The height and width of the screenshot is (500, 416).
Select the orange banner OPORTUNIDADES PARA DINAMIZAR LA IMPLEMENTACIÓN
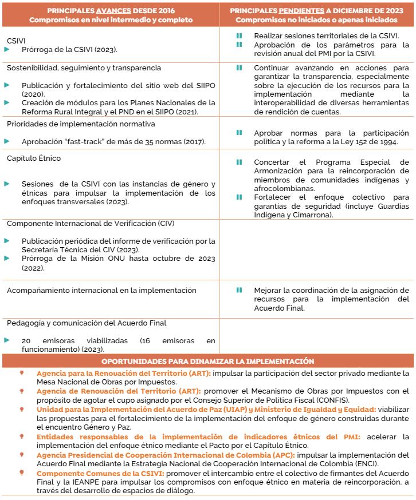(x=207, y=361)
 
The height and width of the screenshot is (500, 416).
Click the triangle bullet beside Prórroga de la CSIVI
(x=7, y=50)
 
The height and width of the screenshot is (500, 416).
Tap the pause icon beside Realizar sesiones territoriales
(x=239, y=35)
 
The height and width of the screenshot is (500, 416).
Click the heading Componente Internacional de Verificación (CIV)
(x=91, y=223)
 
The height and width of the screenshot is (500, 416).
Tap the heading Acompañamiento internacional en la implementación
(x=101, y=291)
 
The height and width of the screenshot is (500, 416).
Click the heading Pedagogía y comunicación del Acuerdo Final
(x=87, y=323)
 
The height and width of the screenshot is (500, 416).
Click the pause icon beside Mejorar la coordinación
(x=239, y=290)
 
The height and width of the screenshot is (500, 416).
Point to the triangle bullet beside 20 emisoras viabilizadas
(x=7, y=340)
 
